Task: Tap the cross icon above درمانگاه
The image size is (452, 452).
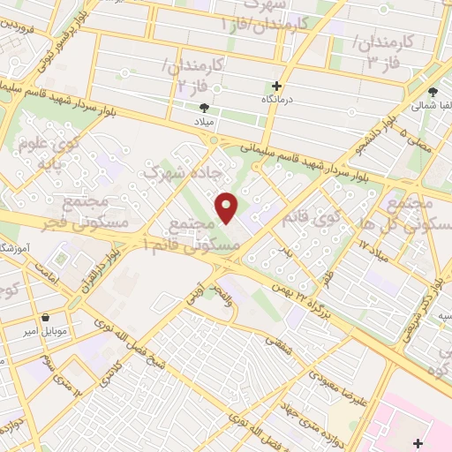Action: click(277, 86)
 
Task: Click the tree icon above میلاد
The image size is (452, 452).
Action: click(205, 106)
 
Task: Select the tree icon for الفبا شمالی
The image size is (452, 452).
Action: click(433, 92)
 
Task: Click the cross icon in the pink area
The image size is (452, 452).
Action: click(418, 441)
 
